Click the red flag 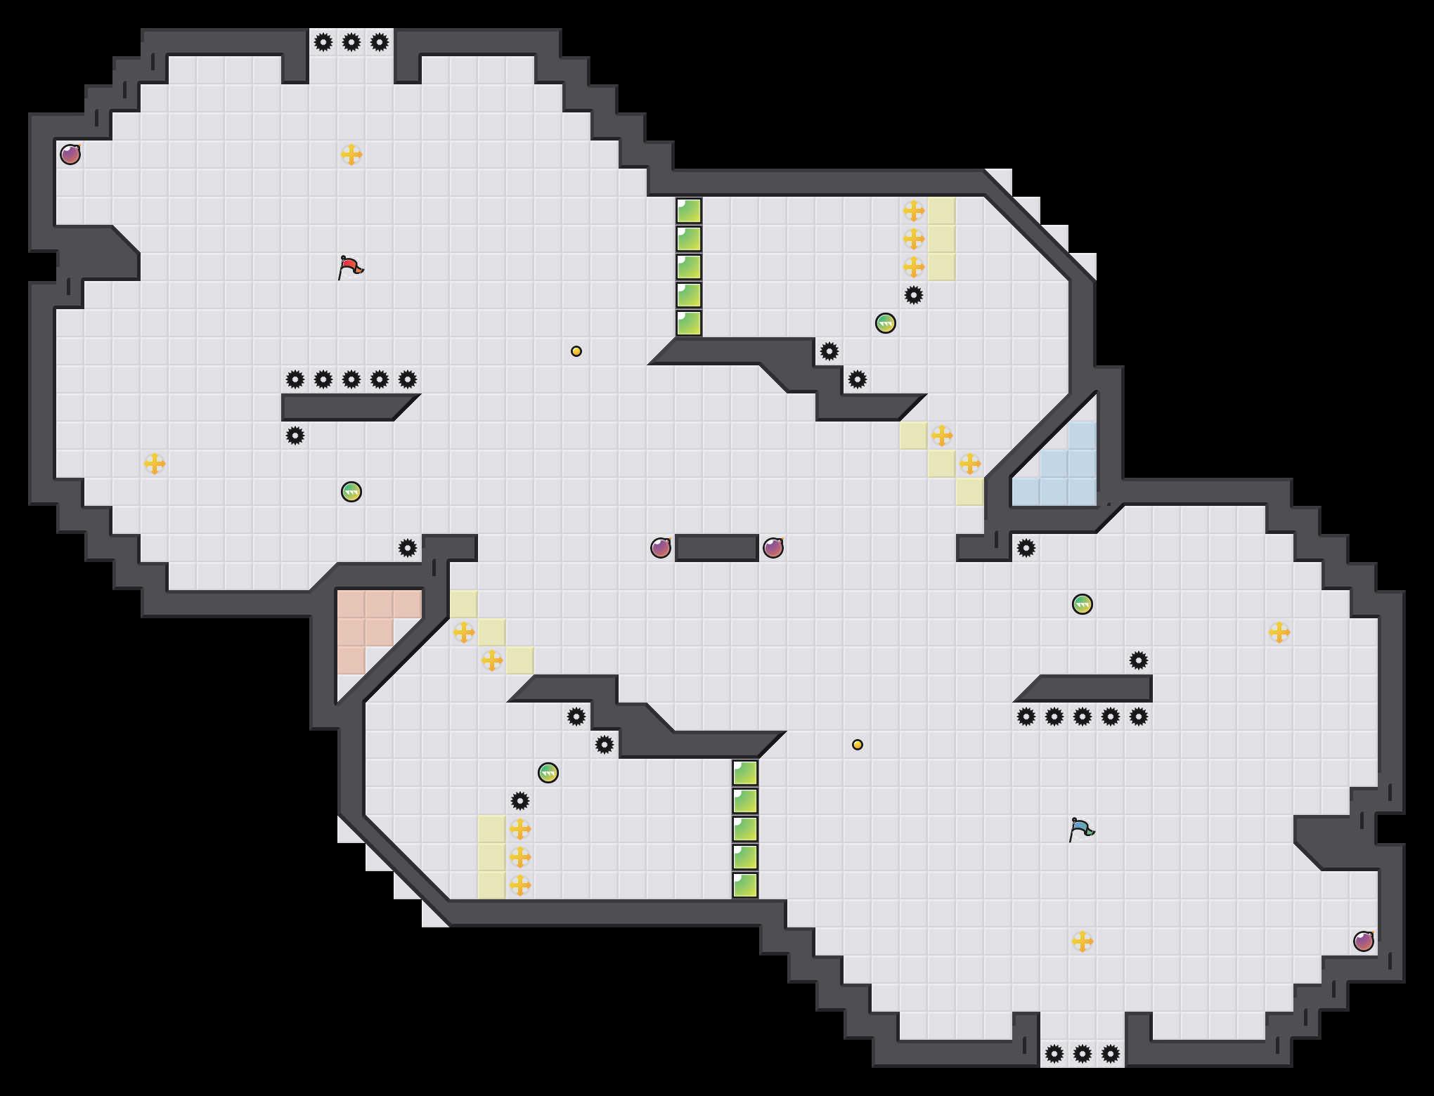pyautogui.click(x=349, y=267)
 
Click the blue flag pyautogui.click(x=1080, y=829)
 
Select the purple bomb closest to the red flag pyautogui.click(x=70, y=155)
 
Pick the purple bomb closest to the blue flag pyautogui.click(x=1364, y=941)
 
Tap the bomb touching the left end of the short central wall pyautogui.click(x=661, y=548)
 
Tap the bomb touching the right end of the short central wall pyautogui.click(x=773, y=548)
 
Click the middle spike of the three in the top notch pyautogui.click(x=351, y=42)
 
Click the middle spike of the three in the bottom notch pyautogui.click(x=1083, y=1054)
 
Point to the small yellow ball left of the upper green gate pyautogui.click(x=576, y=351)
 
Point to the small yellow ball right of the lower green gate pyautogui.click(x=858, y=745)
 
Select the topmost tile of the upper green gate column pyautogui.click(x=689, y=211)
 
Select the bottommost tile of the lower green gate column pyautogui.click(x=745, y=885)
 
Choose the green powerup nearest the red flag pyautogui.click(x=351, y=492)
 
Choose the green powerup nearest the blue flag pyautogui.click(x=1083, y=604)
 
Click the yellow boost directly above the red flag pyautogui.click(x=351, y=155)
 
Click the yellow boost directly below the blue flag pyautogui.click(x=1083, y=941)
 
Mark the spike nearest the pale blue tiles pyautogui.click(x=1026, y=548)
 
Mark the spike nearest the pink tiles pyautogui.click(x=408, y=548)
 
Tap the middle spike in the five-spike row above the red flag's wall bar pyautogui.click(x=351, y=379)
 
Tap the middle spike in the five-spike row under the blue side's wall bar pyautogui.click(x=1083, y=717)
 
